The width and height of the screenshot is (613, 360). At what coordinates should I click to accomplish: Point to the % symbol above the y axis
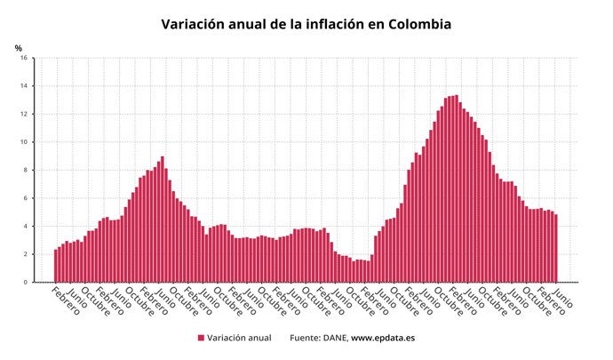tap(18, 48)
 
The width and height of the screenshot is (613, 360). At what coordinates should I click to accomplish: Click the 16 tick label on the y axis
tap(24, 59)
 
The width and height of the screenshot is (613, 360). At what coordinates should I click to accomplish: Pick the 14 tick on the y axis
tap(24, 86)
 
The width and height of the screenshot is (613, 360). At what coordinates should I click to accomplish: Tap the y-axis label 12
tap(24, 115)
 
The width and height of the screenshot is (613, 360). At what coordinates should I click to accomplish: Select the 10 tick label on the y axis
tap(24, 142)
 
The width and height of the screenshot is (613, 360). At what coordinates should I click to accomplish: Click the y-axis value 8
tap(26, 171)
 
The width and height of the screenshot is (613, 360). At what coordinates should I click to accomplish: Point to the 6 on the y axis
tap(26, 198)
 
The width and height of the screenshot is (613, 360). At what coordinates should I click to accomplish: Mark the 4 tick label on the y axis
tap(26, 227)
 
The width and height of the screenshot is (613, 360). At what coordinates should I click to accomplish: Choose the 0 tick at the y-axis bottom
tap(26, 283)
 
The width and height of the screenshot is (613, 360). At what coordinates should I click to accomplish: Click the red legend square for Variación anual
tap(201, 339)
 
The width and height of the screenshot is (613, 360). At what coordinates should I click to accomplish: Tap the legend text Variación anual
tap(240, 339)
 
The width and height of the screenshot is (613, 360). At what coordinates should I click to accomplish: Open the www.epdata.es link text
tap(383, 339)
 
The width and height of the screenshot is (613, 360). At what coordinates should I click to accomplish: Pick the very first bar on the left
tap(55, 266)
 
